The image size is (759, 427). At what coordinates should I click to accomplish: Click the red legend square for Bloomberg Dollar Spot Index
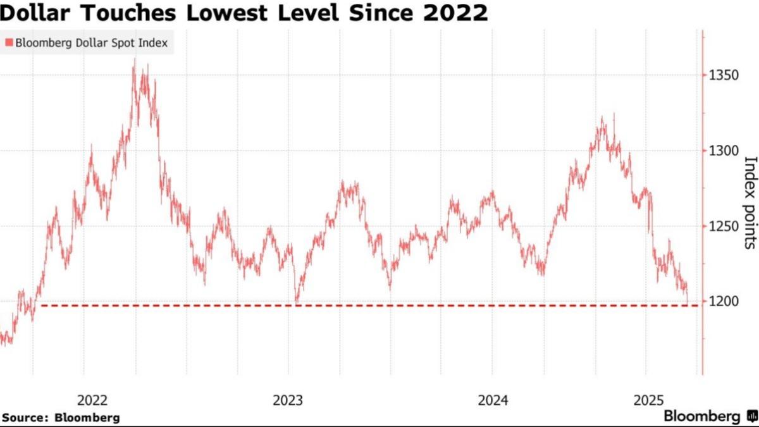point(8,43)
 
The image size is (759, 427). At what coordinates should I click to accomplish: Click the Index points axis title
point(750,202)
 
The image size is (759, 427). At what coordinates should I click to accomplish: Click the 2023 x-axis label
point(288,400)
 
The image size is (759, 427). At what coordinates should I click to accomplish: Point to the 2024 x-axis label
point(493,400)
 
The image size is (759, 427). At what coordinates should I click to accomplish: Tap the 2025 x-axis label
point(649,400)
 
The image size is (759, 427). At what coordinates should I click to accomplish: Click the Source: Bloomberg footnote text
point(61,418)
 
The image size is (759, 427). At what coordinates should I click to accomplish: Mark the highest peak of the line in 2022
point(135,60)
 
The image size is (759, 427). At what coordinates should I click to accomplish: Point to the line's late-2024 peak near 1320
point(602,116)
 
